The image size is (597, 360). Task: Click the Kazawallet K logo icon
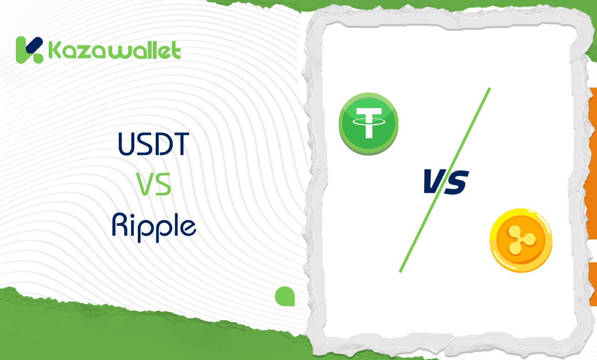(29, 50)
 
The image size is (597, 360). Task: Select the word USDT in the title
(154, 144)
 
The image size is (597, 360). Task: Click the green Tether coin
(369, 122)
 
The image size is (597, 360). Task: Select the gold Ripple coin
(520, 240)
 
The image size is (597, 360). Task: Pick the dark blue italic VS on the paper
(445, 181)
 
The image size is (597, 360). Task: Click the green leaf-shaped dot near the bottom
(285, 296)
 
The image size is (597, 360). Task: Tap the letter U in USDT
(127, 144)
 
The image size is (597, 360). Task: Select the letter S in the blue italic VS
(456, 182)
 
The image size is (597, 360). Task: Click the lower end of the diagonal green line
(400, 271)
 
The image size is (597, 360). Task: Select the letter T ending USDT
(181, 144)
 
